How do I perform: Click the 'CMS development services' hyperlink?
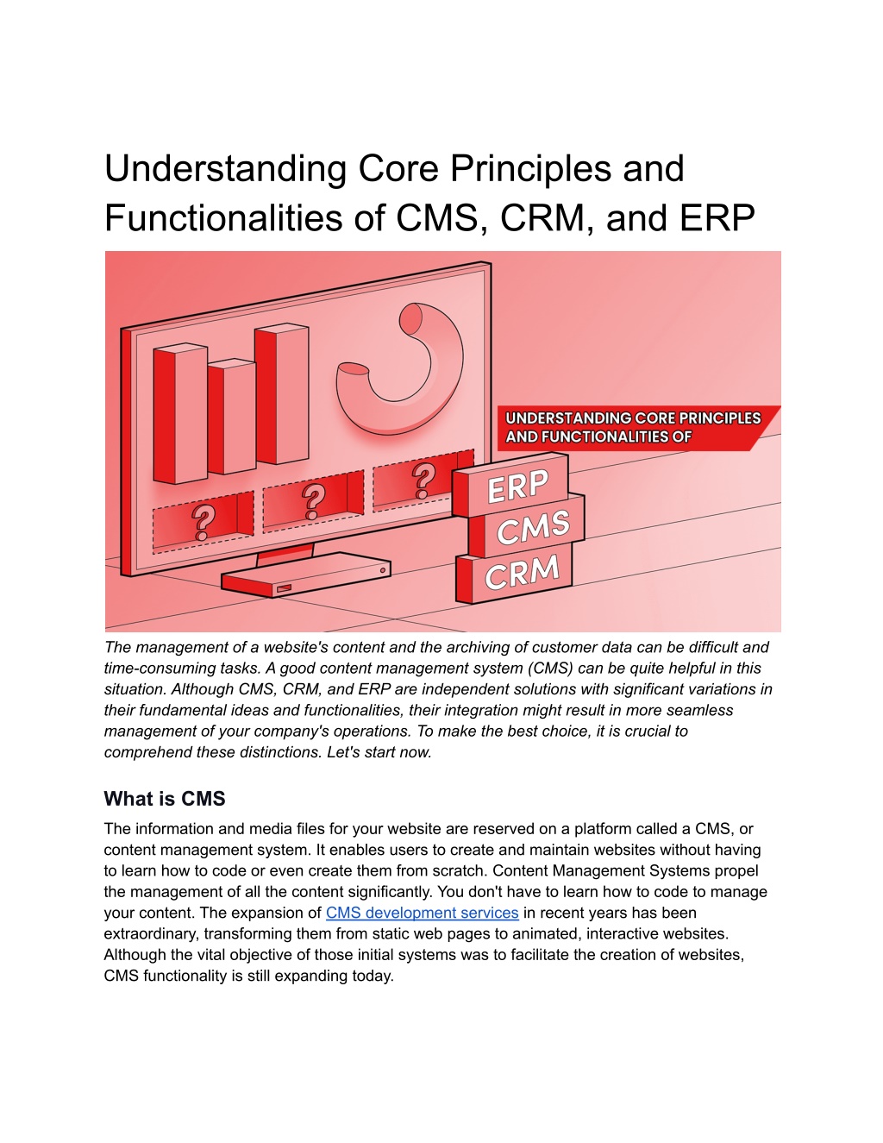point(422,913)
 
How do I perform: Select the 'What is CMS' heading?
point(165,799)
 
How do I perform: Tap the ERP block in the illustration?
point(516,487)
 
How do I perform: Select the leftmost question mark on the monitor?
point(204,522)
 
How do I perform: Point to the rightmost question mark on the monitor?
point(423,480)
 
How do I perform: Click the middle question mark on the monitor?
point(313,500)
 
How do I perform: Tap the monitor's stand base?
point(304,575)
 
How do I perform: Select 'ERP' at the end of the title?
point(717,218)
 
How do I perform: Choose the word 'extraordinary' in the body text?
point(151,934)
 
